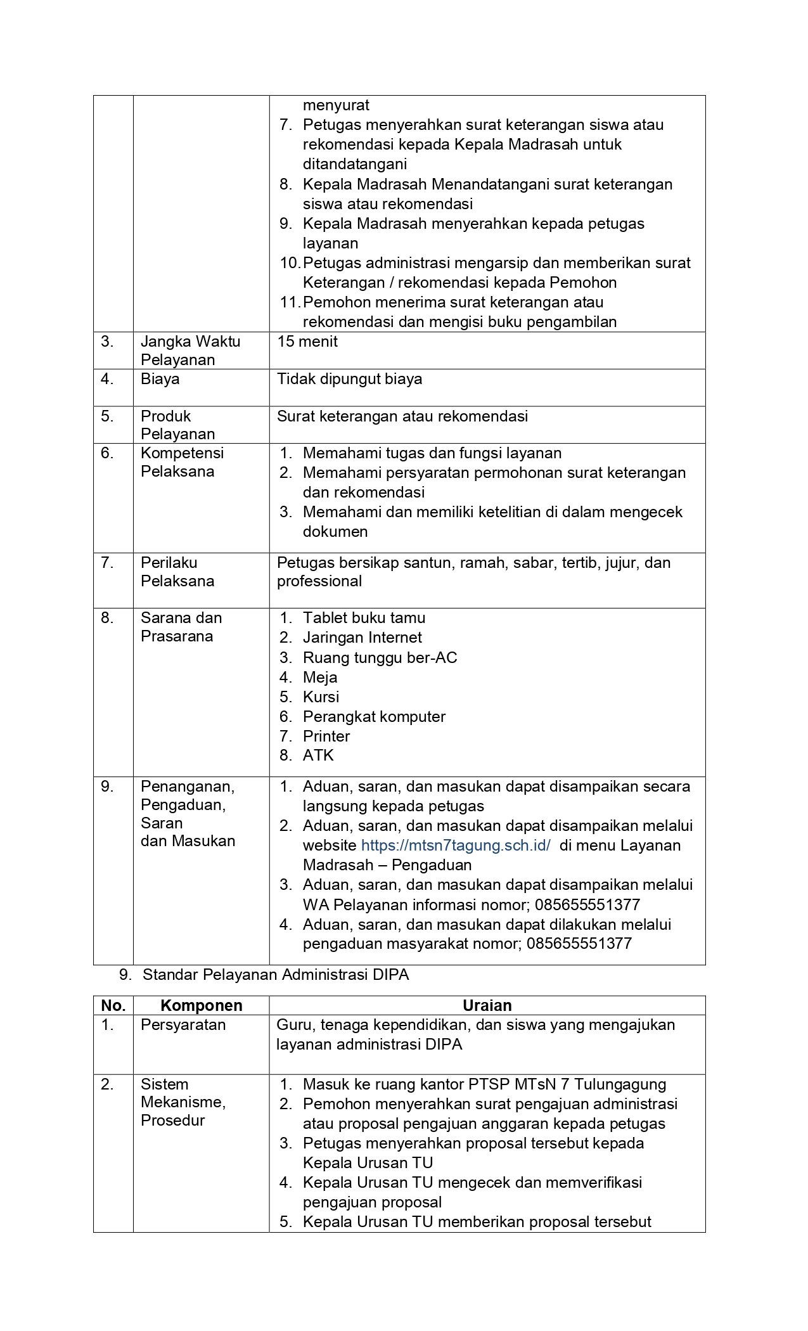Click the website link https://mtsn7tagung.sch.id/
coord(455,846)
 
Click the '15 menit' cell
coord(307,342)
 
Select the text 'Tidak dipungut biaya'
coord(349,379)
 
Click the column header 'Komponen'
coord(201,1005)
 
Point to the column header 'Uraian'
coord(487,1005)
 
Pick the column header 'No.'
coord(113,1005)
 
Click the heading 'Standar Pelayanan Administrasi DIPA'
coord(276,975)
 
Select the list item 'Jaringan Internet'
coord(362,638)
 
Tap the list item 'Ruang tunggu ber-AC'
coord(380,658)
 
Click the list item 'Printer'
coord(326,736)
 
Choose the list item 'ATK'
coord(318,756)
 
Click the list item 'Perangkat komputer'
coord(374,717)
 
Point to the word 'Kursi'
coord(321,697)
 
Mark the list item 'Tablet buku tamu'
coord(364,618)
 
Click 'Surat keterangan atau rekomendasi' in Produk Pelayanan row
coord(402,416)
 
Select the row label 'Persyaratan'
coord(183,1025)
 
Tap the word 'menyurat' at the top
coord(336,105)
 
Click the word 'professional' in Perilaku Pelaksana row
coord(319,581)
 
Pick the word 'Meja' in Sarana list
coord(320,678)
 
